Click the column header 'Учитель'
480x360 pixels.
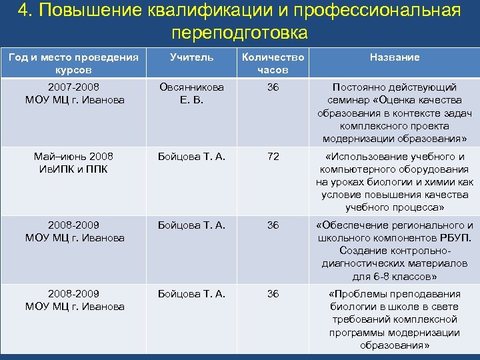coord(191,57)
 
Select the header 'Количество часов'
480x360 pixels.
coord(273,63)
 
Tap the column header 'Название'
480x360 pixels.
coord(395,57)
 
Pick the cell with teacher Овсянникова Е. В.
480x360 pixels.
coord(191,93)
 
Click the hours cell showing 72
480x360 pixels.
coord(273,157)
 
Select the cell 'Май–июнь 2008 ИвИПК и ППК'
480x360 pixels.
coord(74,163)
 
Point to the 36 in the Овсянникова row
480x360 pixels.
coord(273,87)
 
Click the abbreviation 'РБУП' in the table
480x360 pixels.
coord(453,238)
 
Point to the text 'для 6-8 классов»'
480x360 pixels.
coord(395,276)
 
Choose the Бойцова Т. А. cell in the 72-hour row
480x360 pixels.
coord(191,157)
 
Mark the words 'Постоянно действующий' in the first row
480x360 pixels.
coord(395,87)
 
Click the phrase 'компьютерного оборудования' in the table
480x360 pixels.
coord(395,169)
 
